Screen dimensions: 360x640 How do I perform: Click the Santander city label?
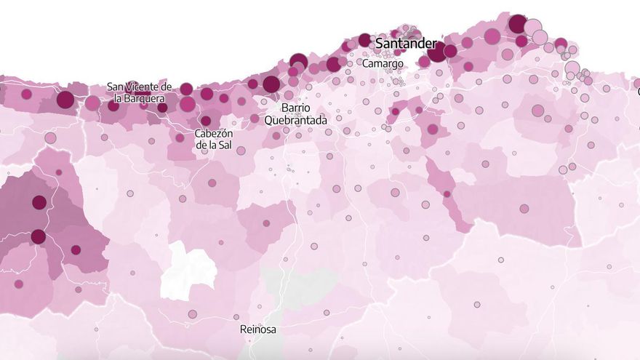click(x=405, y=44)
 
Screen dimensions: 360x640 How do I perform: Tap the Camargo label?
click(x=383, y=64)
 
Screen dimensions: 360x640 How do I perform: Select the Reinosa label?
click(x=257, y=329)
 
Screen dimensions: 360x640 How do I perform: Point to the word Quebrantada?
click(x=295, y=120)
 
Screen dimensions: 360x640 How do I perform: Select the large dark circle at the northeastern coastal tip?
click(x=518, y=24)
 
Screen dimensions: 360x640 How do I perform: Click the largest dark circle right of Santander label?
click(x=437, y=52)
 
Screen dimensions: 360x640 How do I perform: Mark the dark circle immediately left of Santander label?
click(x=364, y=40)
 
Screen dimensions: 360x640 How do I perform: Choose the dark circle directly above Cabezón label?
click(x=206, y=121)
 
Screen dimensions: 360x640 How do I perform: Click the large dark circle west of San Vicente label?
click(x=65, y=100)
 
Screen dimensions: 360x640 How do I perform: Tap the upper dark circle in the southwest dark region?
click(x=39, y=202)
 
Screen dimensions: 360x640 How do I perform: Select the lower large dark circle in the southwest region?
click(x=38, y=236)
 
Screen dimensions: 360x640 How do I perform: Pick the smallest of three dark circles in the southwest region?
click(x=76, y=250)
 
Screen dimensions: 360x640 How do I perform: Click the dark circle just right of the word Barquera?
click(x=188, y=104)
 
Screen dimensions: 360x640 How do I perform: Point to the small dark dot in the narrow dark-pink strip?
click(x=447, y=194)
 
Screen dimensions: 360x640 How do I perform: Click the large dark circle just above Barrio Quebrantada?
click(x=271, y=84)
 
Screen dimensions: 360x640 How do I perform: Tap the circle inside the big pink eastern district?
click(x=524, y=209)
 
